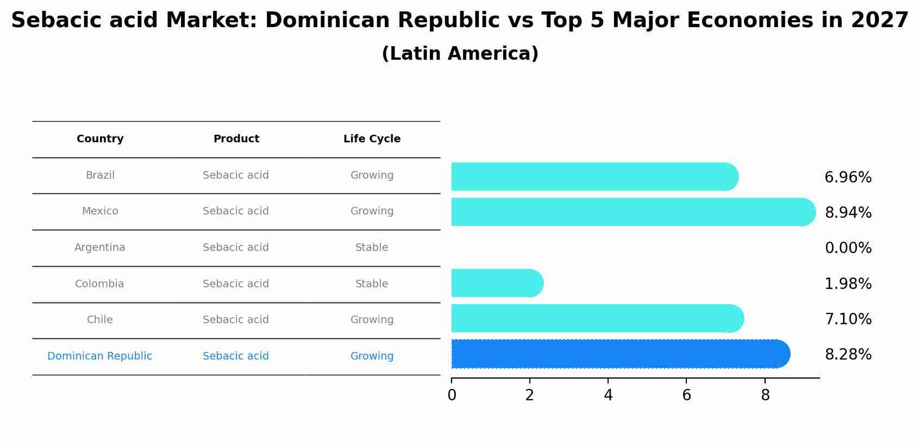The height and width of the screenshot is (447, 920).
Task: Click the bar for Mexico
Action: (x=630, y=212)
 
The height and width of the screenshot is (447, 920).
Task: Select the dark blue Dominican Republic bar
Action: (x=619, y=354)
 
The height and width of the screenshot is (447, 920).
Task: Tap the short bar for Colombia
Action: (x=496, y=283)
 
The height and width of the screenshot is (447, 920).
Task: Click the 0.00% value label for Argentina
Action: (x=848, y=248)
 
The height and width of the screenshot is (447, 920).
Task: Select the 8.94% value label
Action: (x=848, y=213)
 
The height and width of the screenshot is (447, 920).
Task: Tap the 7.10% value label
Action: (x=848, y=319)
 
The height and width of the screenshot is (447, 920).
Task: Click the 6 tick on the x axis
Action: (x=686, y=395)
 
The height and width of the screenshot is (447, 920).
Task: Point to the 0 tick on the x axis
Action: (x=452, y=395)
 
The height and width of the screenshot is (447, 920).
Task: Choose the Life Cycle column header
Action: (x=372, y=139)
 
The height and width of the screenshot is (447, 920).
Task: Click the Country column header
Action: (x=100, y=139)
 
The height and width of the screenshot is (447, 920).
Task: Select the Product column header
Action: (x=236, y=139)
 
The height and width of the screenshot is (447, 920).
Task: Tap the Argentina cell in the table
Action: (x=100, y=248)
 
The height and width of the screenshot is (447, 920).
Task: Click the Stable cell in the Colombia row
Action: (x=372, y=284)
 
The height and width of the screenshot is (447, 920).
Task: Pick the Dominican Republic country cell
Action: (x=100, y=356)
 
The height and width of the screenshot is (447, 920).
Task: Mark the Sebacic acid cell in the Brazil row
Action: (x=236, y=175)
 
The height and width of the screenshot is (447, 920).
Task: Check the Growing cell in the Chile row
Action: (x=372, y=320)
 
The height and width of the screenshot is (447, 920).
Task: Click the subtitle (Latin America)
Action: (x=460, y=54)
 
